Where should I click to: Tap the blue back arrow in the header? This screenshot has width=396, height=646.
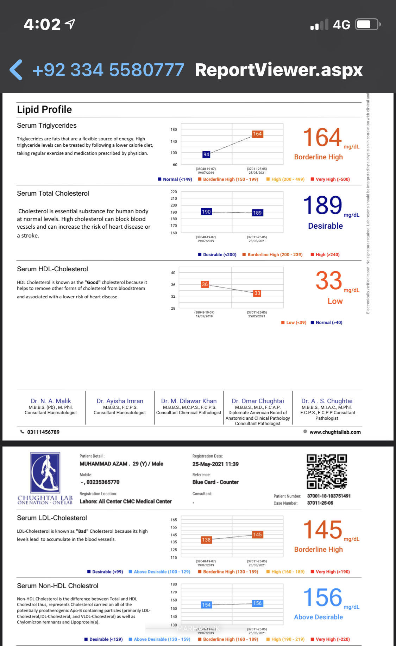pos(16,70)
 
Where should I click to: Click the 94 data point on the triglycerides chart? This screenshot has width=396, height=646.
pos(206,154)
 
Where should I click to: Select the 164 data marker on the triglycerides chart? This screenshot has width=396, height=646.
pos(257,134)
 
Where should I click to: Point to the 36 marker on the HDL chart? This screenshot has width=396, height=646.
pos(205,284)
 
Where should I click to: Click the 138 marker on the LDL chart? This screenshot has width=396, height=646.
pos(206,540)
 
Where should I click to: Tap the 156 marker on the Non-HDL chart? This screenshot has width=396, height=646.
pos(257,603)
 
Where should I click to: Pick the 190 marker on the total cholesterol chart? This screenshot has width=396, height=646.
pos(206,212)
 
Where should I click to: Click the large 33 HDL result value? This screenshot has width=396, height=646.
pos(329,281)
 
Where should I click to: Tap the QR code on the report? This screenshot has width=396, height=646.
pos(327,471)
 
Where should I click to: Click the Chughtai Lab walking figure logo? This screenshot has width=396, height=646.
pos(45,473)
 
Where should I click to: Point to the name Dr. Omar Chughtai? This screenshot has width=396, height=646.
pos(258,401)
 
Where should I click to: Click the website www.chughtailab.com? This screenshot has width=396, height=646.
pos(335,432)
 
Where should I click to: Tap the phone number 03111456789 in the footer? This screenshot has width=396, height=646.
pos(43,432)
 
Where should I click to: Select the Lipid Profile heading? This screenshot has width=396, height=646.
pos(44,110)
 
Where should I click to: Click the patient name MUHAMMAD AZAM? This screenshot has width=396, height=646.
pos(103,464)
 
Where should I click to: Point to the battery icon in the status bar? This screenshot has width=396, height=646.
pos(367,25)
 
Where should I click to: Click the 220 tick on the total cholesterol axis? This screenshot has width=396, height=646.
pos(174,192)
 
